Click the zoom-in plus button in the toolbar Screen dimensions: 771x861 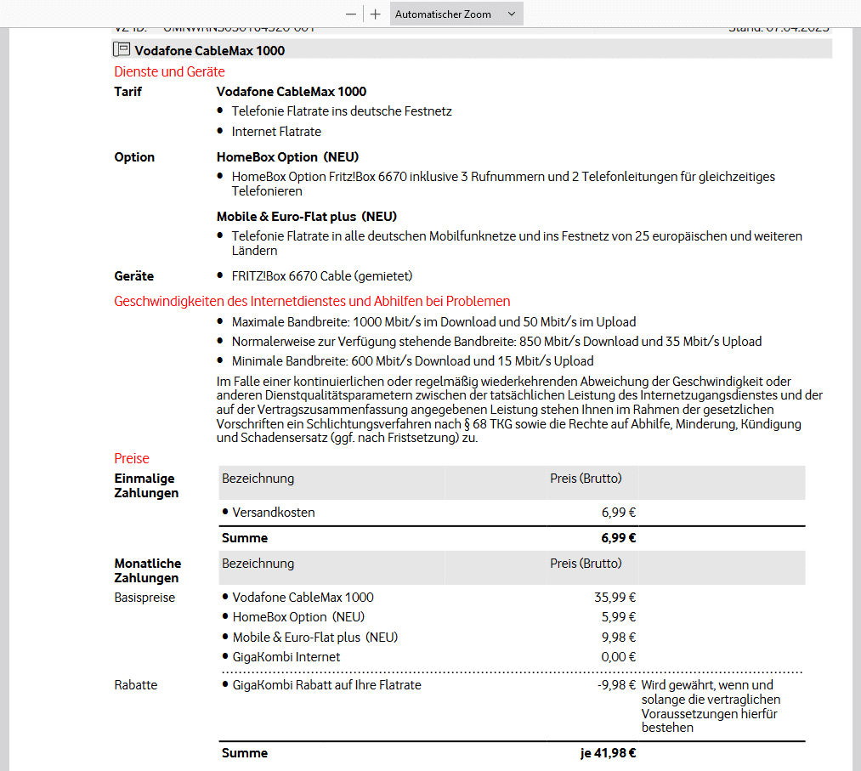pyautogui.click(x=376, y=14)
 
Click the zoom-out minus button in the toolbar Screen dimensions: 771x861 pyautogui.click(x=351, y=14)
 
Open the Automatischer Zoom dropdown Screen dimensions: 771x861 pyautogui.click(x=456, y=14)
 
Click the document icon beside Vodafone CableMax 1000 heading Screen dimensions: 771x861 pyautogui.click(x=122, y=50)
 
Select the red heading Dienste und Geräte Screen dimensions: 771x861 pyautogui.click(x=169, y=71)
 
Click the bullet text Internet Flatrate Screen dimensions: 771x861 pyautogui.click(x=276, y=131)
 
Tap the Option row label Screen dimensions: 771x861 pyautogui.click(x=134, y=157)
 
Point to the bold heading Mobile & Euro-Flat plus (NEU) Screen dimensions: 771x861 pyautogui.click(x=307, y=216)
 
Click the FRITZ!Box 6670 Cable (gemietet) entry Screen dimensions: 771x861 pyautogui.click(x=322, y=276)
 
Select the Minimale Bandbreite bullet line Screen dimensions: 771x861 pyautogui.click(x=412, y=361)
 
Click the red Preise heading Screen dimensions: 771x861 pyautogui.click(x=132, y=458)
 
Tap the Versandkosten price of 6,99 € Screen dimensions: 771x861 pyautogui.click(x=619, y=513)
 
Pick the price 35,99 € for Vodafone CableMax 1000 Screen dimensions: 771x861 pyautogui.click(x=615, y=598)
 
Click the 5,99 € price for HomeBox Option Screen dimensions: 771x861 pyautogui.click(x=619, y=617)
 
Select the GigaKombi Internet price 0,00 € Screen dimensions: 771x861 pyautogui.click(x=619, y=656)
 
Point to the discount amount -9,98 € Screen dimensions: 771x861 pyautogui.click(x=616, y=684)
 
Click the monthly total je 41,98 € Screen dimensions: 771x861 pyautogui.click(x=609, y=753)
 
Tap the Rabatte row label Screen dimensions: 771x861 pyautogui.click(x=136, y=684)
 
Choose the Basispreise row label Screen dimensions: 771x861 pyautogui.click(x=144, y=598)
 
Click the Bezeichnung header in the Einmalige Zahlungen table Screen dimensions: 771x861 pyautogui.click(x=258, y=479)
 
